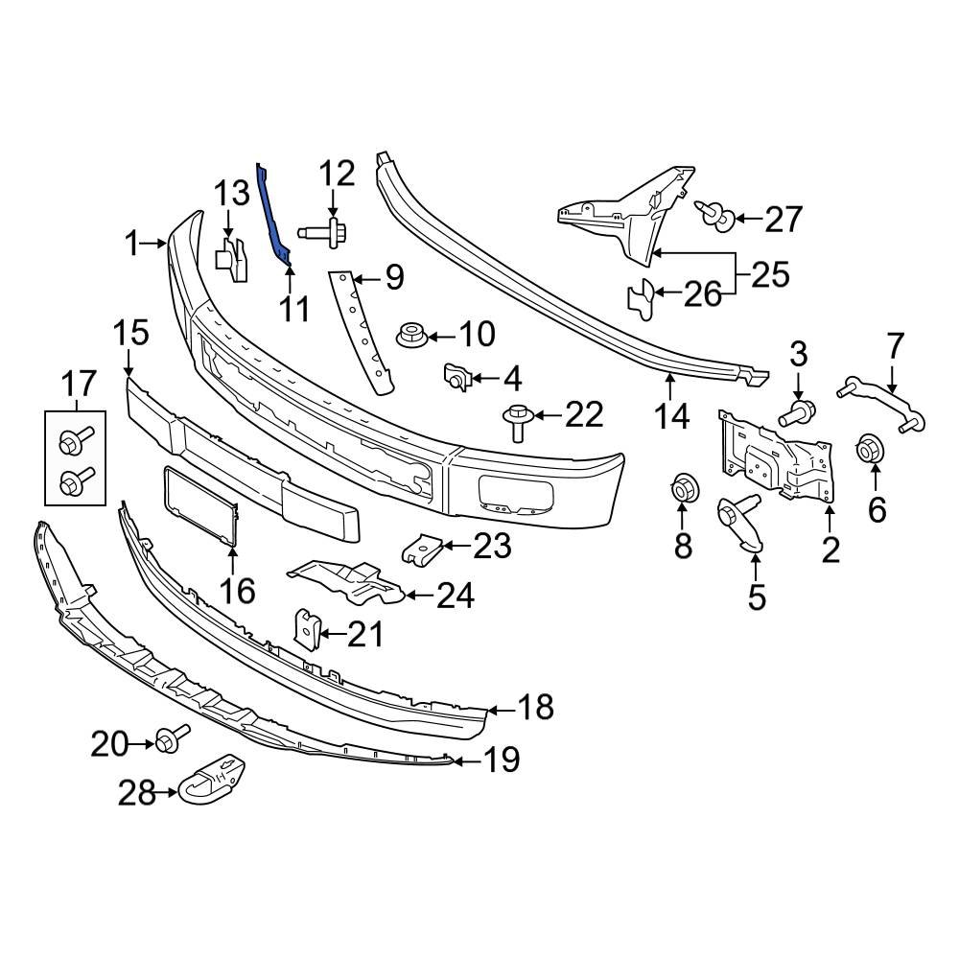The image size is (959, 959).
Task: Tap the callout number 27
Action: click(783, 220)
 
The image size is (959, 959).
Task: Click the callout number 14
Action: click(672, 416)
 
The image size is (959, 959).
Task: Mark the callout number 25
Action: click(769, 274)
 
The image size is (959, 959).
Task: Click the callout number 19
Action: click(502, 761)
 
